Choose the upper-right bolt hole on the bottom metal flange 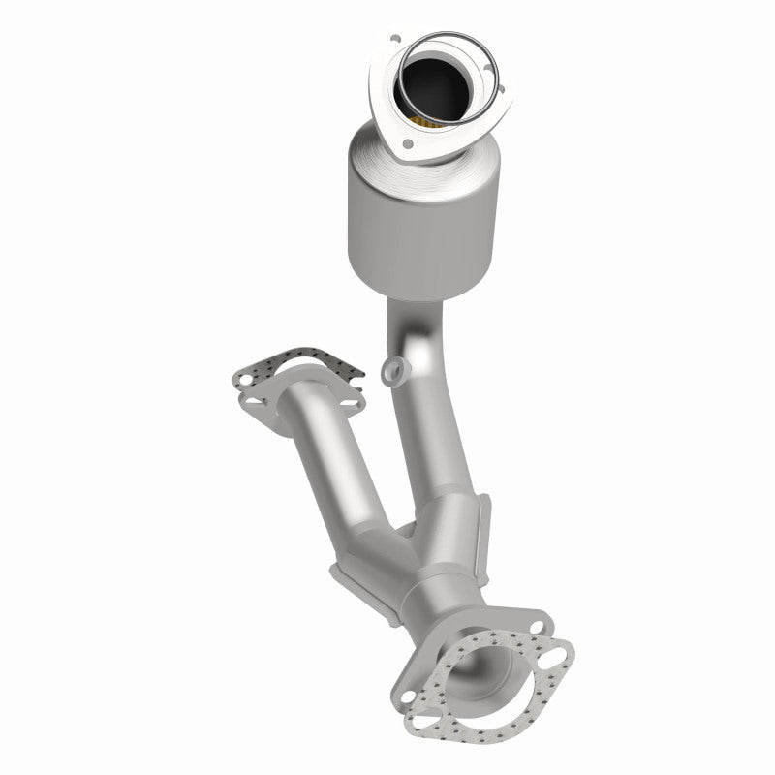[533, 619]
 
